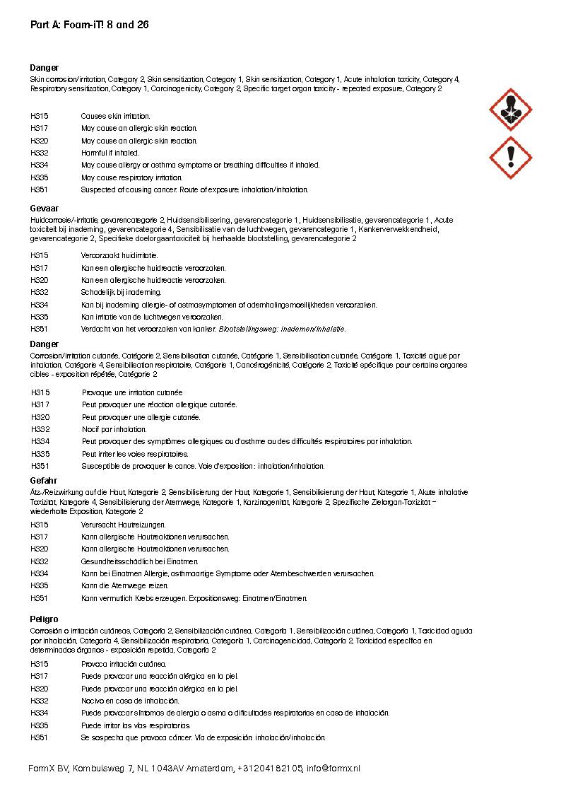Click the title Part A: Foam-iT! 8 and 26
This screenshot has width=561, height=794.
coord(89,25)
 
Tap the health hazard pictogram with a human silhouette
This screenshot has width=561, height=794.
coord(510,110)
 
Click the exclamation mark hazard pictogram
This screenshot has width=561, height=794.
coord(510,158)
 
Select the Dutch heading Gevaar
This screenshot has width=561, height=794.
coord(44,210)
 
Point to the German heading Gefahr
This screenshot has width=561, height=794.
coord(44,481)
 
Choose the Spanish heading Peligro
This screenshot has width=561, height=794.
coord(44,619)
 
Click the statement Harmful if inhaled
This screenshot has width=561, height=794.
coord(110,153)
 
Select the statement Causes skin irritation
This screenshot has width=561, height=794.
coord(115,116)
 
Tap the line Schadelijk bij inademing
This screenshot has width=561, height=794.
coord(121,292)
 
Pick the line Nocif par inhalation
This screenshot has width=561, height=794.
coord(114,429)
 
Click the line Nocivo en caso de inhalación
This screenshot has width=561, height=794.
coord(130,701)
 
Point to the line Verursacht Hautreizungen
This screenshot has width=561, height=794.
coord(123,525)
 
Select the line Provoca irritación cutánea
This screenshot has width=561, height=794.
coord(124,664)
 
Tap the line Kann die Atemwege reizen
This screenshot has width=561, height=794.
coord(124,586)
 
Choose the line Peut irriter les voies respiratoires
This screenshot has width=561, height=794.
coord(135,454)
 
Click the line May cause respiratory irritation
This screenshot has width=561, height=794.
coord(131,177)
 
